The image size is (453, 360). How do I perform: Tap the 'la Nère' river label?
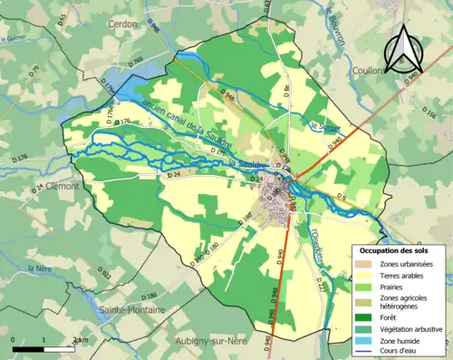[x=38, y=268]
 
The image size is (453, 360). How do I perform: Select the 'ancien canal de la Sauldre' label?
[x=187, y=127]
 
